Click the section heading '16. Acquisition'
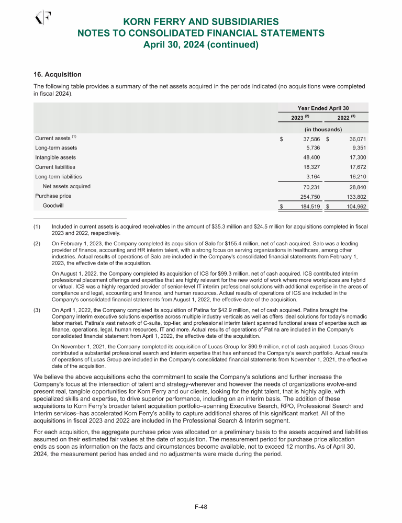pyautogui.click(x=58, y=75)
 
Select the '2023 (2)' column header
pyautogui.click(x=301, y=117)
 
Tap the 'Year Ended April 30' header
pyautogui.click(x=323, y=107)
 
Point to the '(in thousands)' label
pyautogui.click(x=323, y=129)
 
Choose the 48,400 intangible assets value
pyautogui.click(x=310, y=157)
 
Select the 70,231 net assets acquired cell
pyautogui.click(x=310, y=186)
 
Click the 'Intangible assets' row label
pyautogui.click(x=55, y=157)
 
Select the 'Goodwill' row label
pyautogui.click(x=53, y=206)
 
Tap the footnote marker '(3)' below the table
pyautogui.click(x=37, y=310)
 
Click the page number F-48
pyautogui.click(x=201, y=506)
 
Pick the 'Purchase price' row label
pyautogui.click(x=53, y=196)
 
